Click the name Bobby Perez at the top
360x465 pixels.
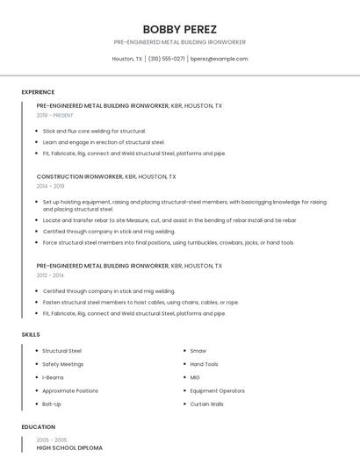[179, 29]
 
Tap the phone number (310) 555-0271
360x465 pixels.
[166, 59]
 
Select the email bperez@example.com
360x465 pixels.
[220, 59]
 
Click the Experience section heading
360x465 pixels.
[38, 92]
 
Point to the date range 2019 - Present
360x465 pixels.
[54, 115]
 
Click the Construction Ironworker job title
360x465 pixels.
[80, 176]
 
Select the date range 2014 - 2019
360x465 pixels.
[50, 186]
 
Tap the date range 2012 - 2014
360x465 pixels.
[50, 275]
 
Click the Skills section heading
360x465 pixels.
[31, 334]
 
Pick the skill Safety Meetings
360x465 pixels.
[62, 364]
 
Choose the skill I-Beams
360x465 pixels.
[53, 377]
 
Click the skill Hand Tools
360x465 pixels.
[204, 364]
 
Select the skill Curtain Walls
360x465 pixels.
[206, 404]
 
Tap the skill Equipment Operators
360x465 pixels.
[217, 390]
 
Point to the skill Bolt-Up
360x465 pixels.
[52, 404]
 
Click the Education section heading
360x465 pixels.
[37, 427]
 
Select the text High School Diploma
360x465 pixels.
[68, 447]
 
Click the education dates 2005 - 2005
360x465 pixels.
[51, 440]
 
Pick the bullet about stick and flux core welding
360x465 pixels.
[94, 131]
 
